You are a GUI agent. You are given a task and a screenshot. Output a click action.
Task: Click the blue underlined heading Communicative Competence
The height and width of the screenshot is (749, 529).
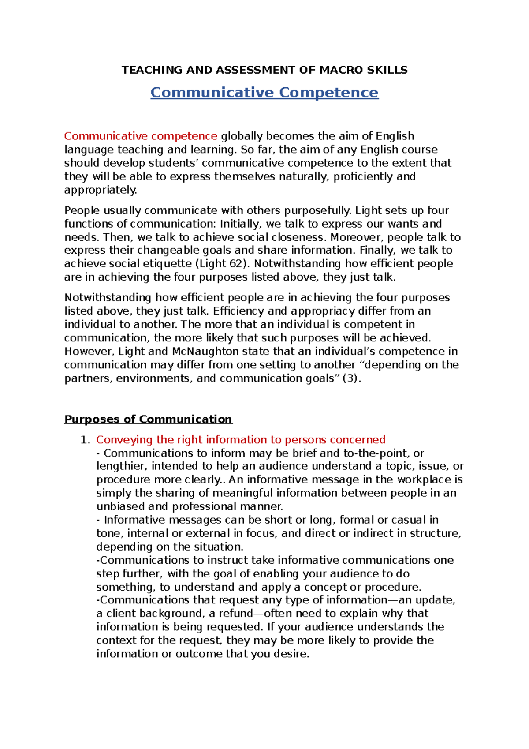tap(264, 93)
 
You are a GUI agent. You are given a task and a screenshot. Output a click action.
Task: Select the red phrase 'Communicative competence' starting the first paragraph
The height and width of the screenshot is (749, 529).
tap(141, 136)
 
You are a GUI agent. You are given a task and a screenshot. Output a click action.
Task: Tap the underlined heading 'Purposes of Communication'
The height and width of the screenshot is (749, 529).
tap(148, 419)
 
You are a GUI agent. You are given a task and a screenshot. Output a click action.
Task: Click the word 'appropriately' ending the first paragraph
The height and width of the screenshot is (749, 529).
tap(100, 190)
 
